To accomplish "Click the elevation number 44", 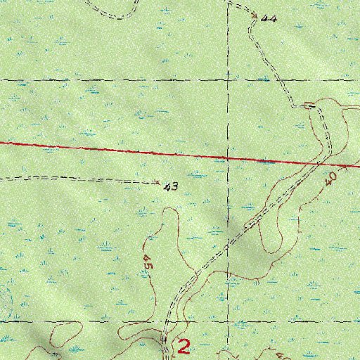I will (268, 19).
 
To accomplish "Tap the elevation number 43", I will (169, 187).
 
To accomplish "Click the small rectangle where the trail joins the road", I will (309, 105).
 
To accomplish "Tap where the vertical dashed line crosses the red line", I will (228, 157).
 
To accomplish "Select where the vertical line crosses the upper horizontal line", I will (228, 80).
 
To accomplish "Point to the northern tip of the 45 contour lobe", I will (165, 226).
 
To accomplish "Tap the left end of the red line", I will (1, 143).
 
